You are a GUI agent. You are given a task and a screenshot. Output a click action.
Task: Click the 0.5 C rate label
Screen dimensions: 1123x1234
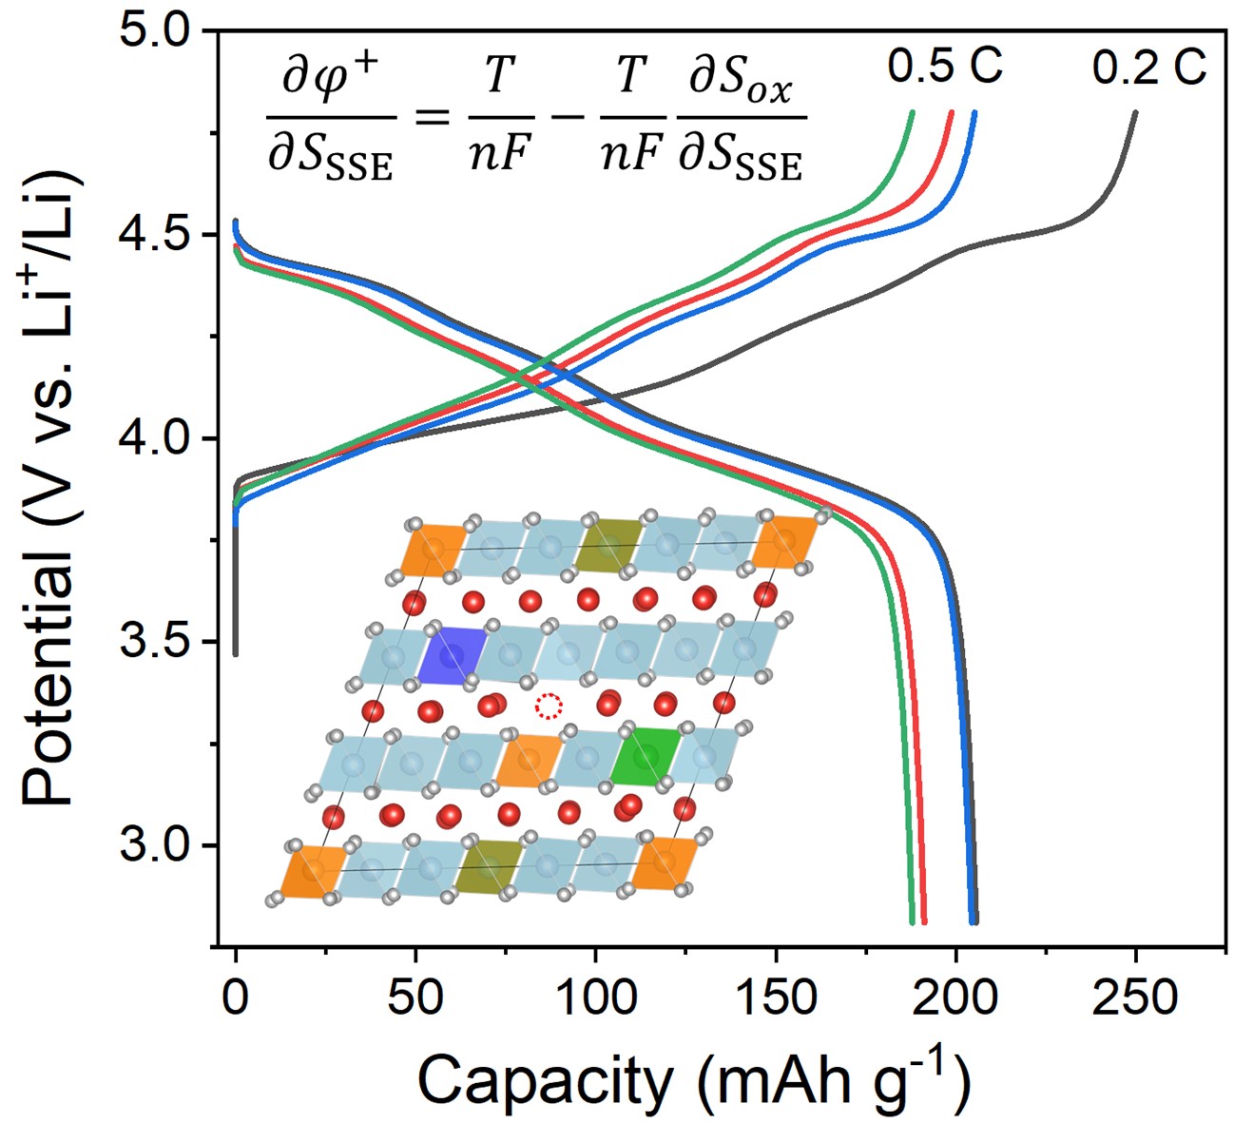[945, 67]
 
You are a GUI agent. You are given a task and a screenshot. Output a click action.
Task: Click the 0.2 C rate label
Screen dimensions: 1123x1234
[1148, 68]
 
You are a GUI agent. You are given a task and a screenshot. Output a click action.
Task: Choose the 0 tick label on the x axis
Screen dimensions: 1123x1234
[236, 997]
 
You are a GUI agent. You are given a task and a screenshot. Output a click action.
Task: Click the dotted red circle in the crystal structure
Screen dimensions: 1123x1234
[549, 706]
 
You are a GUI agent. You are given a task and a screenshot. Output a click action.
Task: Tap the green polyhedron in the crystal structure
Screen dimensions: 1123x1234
[646, 757]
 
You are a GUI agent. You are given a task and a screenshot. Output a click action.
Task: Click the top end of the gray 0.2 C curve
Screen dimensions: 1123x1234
[1134, 113]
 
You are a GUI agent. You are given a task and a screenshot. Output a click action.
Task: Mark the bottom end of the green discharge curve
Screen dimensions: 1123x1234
[912, 920]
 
